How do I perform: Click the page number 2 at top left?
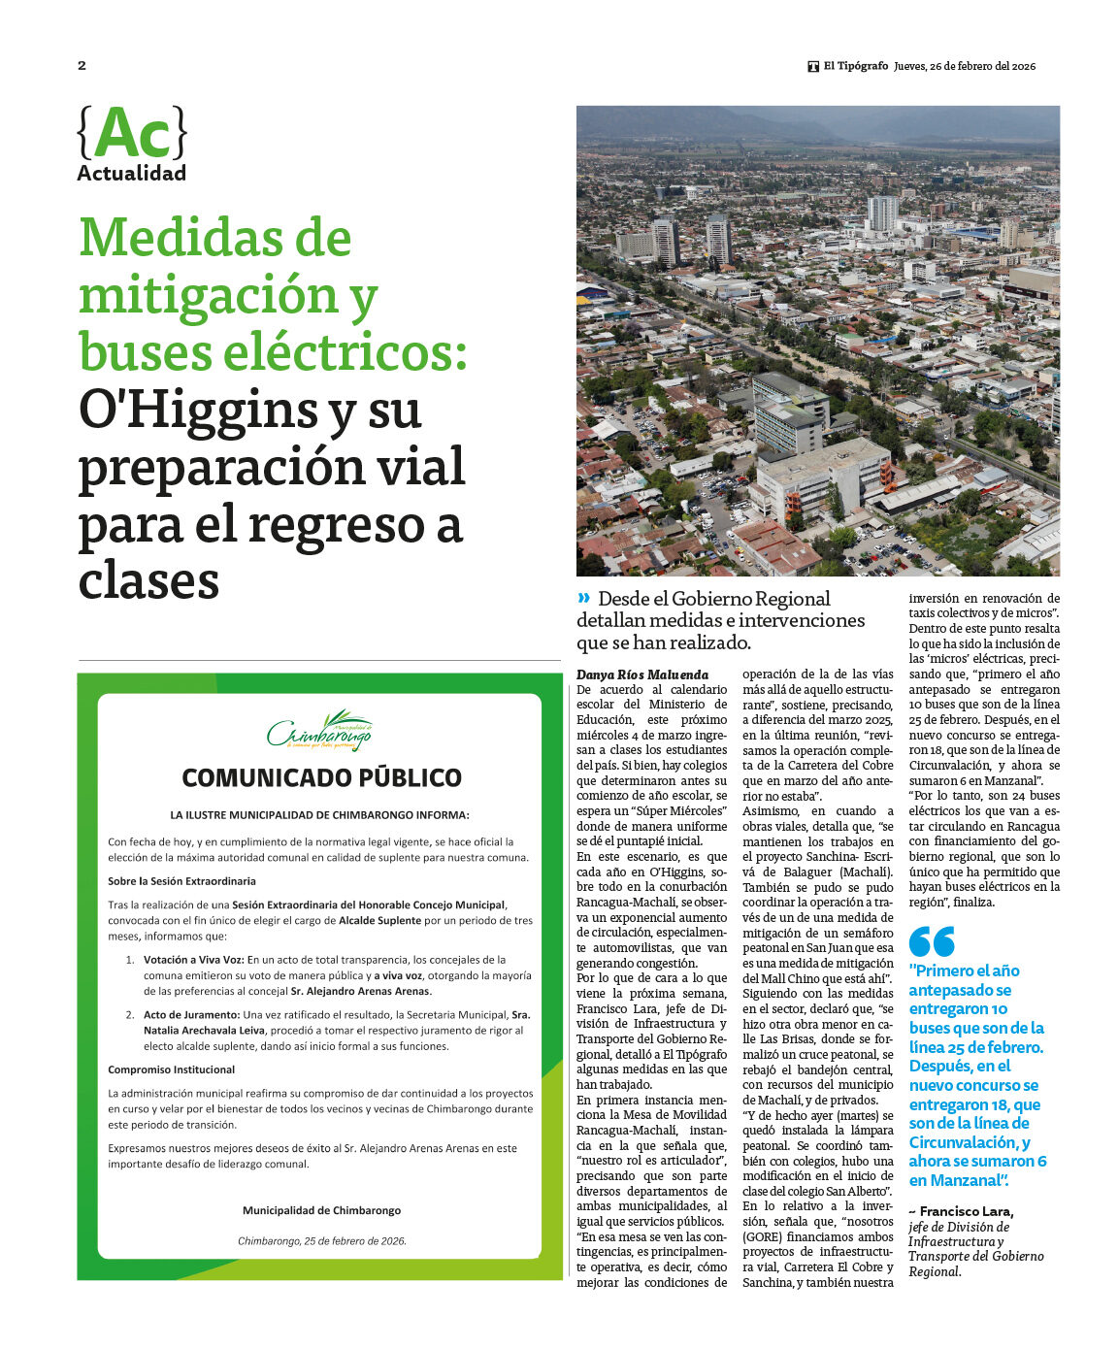(x=82, y=66)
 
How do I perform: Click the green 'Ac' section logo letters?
(x=132, y=134)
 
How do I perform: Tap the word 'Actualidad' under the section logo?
(x=131, y=174)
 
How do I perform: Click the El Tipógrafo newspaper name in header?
(x=855, y=66)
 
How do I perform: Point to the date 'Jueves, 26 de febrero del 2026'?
(x=964, y=66)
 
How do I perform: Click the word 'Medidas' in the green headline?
(x=215, y=238)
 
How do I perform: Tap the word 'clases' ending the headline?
(x=148, y=580)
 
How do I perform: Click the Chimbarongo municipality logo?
(x=319, y=732)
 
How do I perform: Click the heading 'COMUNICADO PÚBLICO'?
(x=321, y=778)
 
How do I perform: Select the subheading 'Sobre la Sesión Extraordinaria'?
(x=182, y=881)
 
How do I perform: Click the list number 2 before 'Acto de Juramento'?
(x=129, y=1015)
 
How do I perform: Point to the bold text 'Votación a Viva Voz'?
(x=193, y=960)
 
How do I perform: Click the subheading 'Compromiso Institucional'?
(x=172, y=1069)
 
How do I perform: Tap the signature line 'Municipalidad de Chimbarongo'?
(x=321, y=1210)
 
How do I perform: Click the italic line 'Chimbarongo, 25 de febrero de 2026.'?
(x=321, y=1241)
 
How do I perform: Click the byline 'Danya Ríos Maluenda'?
(x=642, y=674)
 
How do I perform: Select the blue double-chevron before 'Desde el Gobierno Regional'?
(x=583, y=598)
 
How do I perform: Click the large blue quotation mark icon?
(x=932, y=941)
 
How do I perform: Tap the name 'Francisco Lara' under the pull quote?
(x=966, y=1211)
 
